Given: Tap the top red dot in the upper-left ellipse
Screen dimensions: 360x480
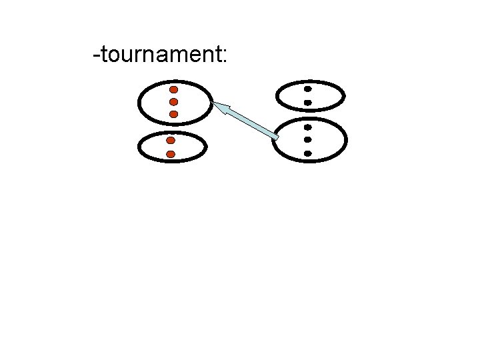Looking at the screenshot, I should (173, 89).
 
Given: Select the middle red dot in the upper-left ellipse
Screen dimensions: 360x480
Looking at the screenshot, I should (173, 102).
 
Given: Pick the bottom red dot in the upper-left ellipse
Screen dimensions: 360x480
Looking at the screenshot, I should (173, 114).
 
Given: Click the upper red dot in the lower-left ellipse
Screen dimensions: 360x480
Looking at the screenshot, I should (171, 141).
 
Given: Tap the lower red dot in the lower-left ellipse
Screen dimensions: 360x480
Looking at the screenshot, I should (171, 154).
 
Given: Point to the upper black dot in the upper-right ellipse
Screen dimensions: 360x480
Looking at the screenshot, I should (308, 89).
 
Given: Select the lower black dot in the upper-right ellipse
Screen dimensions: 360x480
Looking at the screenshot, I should (308, 102).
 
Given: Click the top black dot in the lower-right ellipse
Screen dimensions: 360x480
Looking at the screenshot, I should (308, 127).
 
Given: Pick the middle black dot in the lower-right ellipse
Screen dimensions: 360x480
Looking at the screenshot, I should (308, 140).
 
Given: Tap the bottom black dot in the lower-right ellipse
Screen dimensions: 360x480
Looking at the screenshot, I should (308, 153).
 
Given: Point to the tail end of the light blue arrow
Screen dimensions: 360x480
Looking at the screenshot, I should (275, 137).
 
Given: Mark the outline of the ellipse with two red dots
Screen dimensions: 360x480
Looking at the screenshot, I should (139, 147).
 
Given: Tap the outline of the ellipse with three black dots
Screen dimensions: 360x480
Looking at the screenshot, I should (347, 141).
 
